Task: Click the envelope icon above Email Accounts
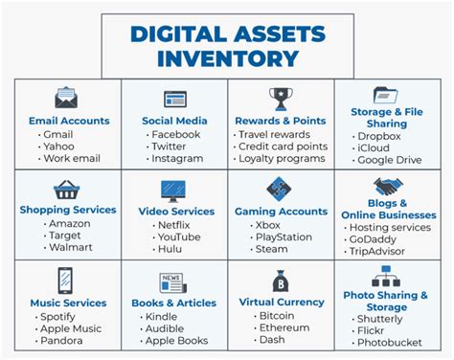65,98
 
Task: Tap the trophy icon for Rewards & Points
281,98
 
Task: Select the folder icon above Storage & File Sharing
386,96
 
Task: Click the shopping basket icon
66,190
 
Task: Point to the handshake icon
387,187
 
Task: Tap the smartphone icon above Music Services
66,281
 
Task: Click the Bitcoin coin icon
282,281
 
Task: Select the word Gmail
58,134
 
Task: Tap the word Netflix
174,225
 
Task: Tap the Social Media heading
174,121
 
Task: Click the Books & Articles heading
173,304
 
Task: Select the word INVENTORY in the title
227,58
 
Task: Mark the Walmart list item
68,248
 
